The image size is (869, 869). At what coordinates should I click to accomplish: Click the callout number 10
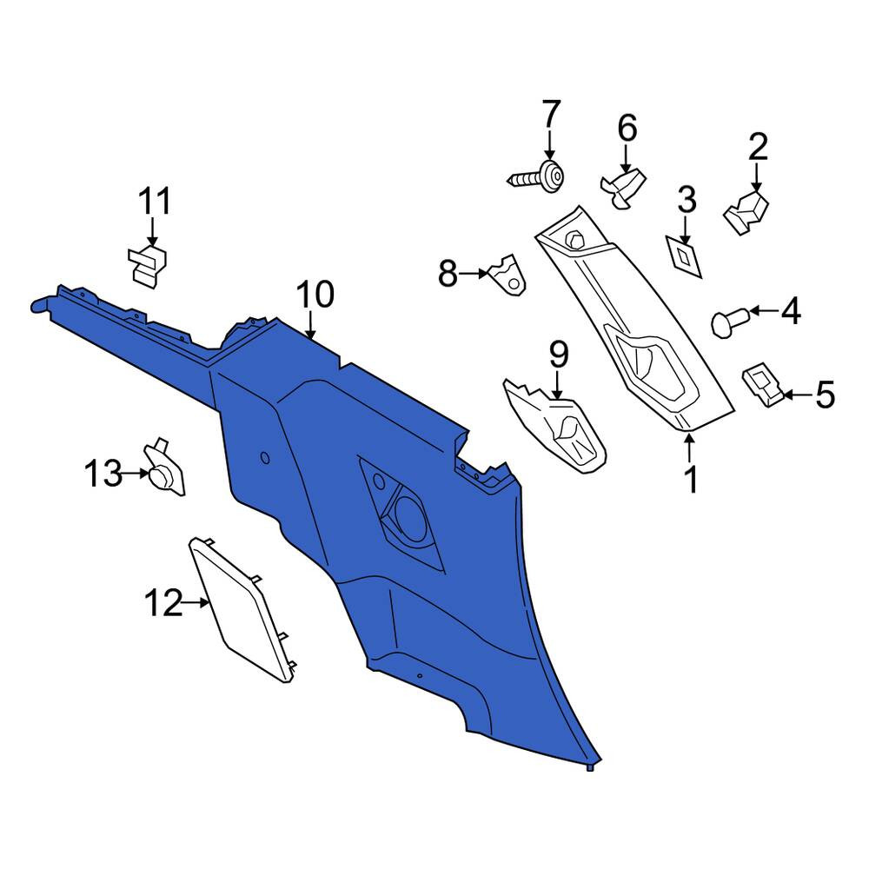click(x=315, y=295)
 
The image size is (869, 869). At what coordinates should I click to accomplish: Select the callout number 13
click(x=103, y=474)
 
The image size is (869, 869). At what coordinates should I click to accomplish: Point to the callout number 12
click(x=163, y=603)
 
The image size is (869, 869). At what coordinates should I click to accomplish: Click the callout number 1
click(x=691, y=480)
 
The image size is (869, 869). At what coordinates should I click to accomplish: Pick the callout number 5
click(x=826, y=395)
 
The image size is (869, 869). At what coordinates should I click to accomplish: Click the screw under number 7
click(x=537, y=177)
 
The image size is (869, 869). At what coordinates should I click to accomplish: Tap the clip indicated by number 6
click(x=624, y=188)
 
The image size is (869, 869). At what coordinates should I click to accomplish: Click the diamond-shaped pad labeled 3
click(x=684, y=256)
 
